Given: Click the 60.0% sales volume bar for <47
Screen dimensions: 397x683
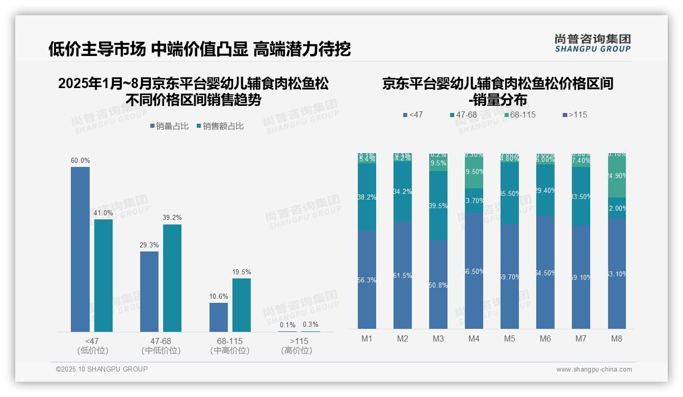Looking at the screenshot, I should tap(80, 249).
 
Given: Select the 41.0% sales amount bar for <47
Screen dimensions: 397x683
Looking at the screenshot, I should tap(103, 275).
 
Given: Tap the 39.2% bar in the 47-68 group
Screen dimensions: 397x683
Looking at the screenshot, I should tap(172, 278).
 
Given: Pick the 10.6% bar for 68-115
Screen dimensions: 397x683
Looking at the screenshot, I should tap(219, 317).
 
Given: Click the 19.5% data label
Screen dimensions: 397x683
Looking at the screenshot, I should tap(242, 272).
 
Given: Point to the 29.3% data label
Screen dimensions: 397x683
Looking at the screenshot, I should tap(149, 245).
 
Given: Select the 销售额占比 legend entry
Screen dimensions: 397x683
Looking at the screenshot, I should tap(220, 126).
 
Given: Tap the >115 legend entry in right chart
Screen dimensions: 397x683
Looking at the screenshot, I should tap(574, 115).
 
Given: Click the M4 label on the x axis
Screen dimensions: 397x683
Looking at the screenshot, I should tap(474, 338).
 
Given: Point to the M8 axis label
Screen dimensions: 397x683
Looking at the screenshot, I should tap(617, 338).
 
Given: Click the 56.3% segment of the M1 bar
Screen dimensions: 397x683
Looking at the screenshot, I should tap(367, 279).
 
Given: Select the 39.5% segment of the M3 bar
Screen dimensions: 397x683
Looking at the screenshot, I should tap(438, 206).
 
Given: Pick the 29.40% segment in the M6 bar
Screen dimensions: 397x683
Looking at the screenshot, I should tap(545, 190).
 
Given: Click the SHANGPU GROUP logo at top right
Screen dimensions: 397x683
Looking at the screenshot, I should tap(592, 43).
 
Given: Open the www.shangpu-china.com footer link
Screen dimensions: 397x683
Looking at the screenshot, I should tap(594, 370).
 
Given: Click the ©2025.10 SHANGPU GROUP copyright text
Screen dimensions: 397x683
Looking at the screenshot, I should tap(102, 369).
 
